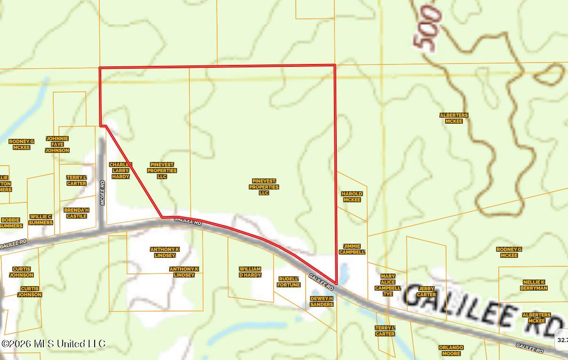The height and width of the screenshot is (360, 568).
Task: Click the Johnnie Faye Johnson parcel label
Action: click(x=57, y=144)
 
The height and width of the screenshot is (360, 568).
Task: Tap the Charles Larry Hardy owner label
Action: click(x=121, y=170)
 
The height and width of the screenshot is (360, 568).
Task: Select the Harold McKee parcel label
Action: click(x=352, y=197)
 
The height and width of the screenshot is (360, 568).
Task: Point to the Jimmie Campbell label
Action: click(x=352, y=249)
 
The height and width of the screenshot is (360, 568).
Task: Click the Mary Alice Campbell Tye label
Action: click(x=388, y=285)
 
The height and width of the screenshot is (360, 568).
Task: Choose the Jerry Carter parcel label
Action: click(x=426, y=292)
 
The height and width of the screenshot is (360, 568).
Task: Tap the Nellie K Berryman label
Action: click(x=534, y=285)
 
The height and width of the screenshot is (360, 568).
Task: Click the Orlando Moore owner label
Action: click(x=451, y=351)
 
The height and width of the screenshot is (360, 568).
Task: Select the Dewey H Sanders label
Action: click(x=322, y=302)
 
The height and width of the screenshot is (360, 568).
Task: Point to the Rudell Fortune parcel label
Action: click(x=289, y=282)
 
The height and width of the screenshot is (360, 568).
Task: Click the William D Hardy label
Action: click(x=250, y=272)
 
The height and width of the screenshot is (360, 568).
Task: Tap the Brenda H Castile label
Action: click(x=76, y=213)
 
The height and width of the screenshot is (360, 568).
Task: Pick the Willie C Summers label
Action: click(x=41, y=220)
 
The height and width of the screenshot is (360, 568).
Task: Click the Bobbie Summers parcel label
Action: click(x=10, y=223)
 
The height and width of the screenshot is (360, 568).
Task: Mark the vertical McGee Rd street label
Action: click(x=103, y=193)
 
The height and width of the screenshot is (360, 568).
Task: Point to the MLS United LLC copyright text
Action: click(x=53, y=344)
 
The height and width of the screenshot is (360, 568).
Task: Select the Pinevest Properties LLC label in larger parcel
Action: click(x=264, y=187)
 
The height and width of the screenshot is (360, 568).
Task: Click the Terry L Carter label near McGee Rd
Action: click(x=76, y=180)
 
